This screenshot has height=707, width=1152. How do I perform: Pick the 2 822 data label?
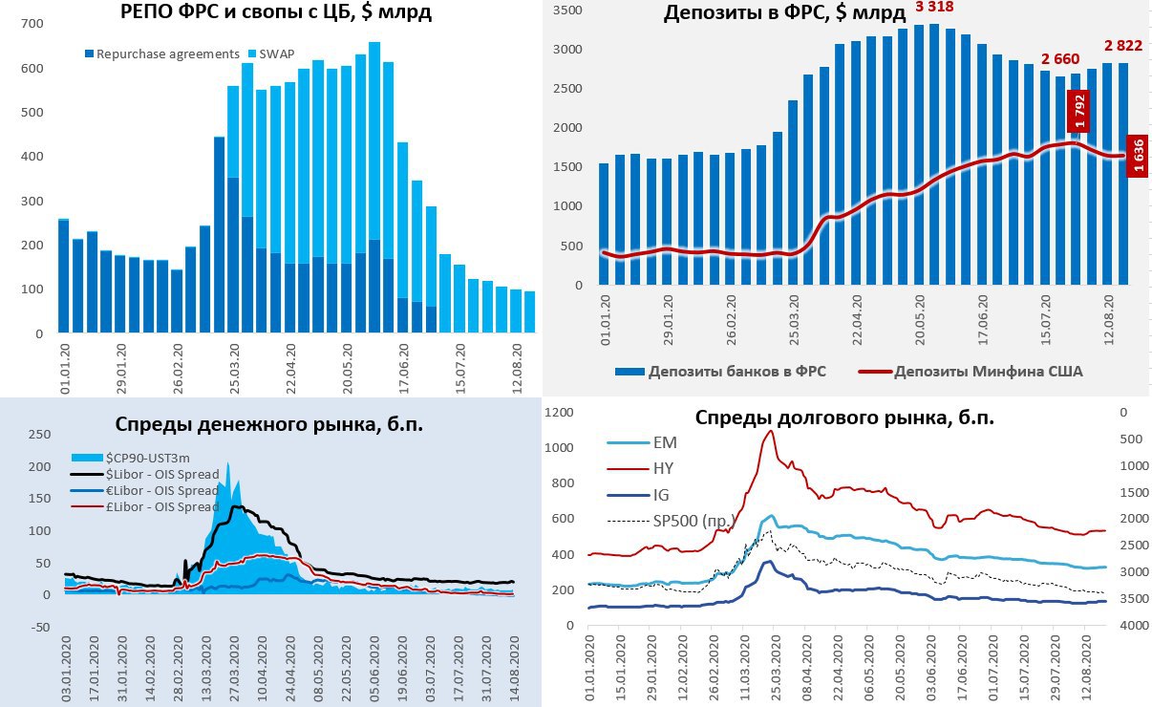click(1123, 45)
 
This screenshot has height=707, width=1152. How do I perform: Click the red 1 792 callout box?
click(1079, 111)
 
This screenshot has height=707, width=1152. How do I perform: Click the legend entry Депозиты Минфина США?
click(975, 372)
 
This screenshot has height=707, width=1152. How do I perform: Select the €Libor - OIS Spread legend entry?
click(162, 490)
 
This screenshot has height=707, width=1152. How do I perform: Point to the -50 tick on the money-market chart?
click(37, 627)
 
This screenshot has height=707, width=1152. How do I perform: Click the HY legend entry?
click(665, 468)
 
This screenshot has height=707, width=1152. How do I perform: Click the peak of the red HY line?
click(770, 431)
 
